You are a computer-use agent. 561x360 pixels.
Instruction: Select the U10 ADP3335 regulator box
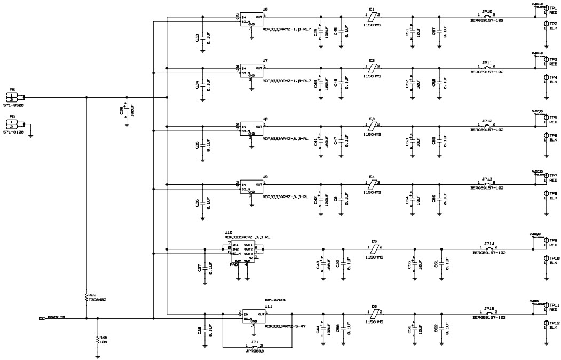[x=242, y=252]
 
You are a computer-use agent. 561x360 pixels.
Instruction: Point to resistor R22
[x=86, y=297]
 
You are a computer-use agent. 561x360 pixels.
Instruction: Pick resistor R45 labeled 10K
[x=97, y=339]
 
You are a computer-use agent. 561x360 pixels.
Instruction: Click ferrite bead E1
[x=373, y=17]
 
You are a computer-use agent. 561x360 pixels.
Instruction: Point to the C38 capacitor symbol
[x=205, y=330]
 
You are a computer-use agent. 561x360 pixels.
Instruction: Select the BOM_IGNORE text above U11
[x=275, y=300]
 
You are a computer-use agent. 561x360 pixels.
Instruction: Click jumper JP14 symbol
[x=488, y=249]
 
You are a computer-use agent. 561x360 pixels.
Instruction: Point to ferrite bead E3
[x=373, y=126]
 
